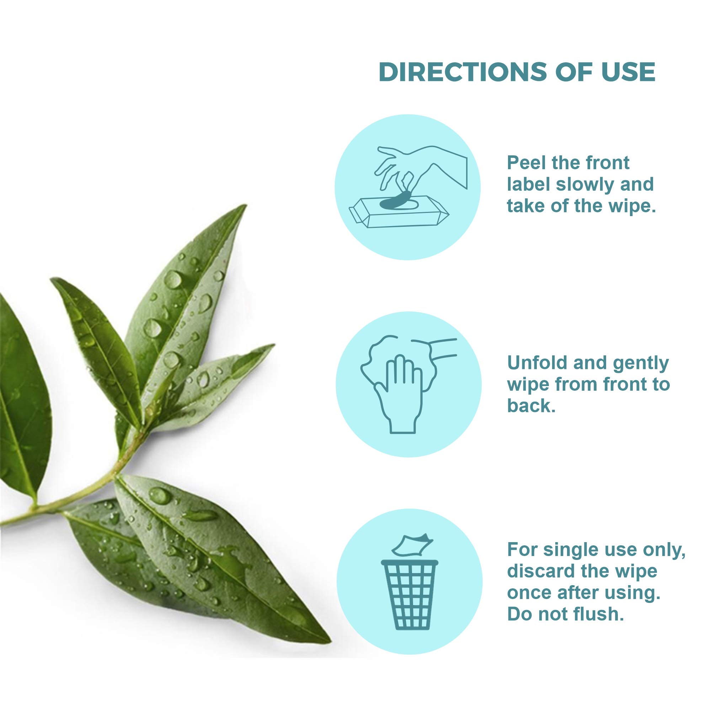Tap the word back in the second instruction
coord(531,406)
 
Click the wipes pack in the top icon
coord(399,212)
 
